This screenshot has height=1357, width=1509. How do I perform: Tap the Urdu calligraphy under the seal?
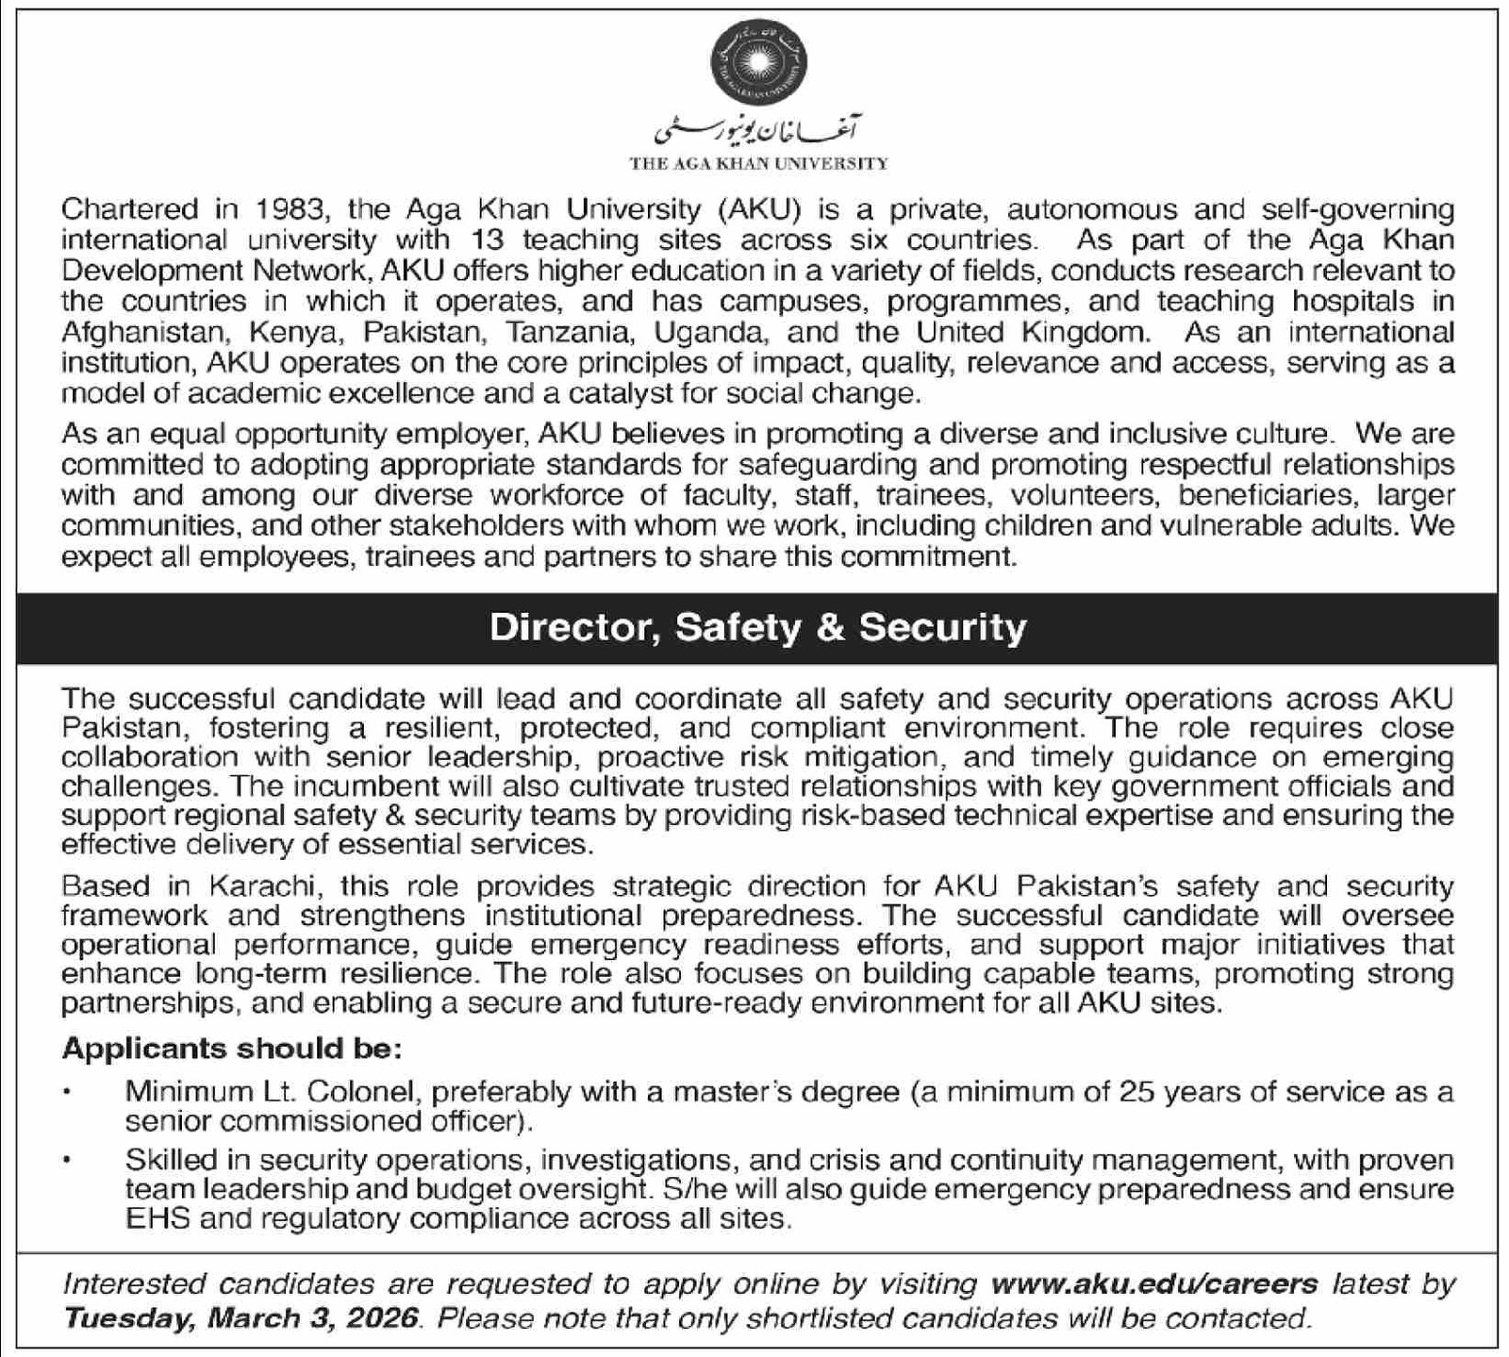[759, 130]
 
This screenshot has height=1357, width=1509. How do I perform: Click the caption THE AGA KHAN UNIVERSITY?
[759, 163]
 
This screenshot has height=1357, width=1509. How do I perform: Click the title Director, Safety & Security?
[757, 628]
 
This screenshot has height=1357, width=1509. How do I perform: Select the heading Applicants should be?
[232, 1049]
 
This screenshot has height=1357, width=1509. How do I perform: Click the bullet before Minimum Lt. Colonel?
[67, 1092]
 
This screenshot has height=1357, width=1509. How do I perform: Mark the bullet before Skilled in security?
[67, 1159]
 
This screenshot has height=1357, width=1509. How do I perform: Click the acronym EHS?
[158, 1218]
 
